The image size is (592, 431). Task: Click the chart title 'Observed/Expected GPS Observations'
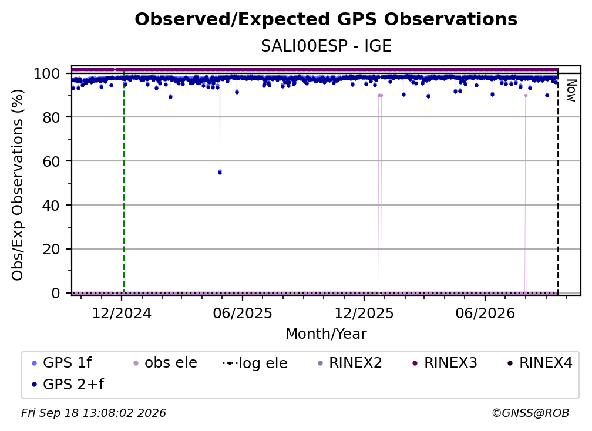[x=326, y=19]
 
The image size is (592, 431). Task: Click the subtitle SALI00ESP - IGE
[x=326, y=46]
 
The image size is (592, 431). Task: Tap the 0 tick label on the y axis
[x=56, y=293]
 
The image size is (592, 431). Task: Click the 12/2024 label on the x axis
[x=122, y=314]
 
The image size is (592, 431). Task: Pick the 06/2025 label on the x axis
[x=243, y=314]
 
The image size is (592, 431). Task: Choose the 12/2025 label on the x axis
[x=364, y=314]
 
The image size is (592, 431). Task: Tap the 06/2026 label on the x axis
[x=485, y=314]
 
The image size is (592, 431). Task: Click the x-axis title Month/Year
[x=326, y=334]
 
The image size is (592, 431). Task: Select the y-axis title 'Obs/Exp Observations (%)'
[x=18, y=185]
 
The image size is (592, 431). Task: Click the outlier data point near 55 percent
[x=220, y=172]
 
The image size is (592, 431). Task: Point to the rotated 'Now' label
[x=571, y=90]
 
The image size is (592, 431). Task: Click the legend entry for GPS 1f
[x=62, y=363]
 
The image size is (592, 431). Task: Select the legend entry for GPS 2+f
[x=68, y=385]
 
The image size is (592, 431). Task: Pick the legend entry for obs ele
[x=163, y=363]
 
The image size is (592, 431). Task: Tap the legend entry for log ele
[x=255, y=363]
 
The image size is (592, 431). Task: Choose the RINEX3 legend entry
[x=445, y=363]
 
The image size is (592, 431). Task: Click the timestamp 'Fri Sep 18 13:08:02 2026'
[x=93, y=413]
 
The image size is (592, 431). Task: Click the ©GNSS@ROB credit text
[x=530, y=413]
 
